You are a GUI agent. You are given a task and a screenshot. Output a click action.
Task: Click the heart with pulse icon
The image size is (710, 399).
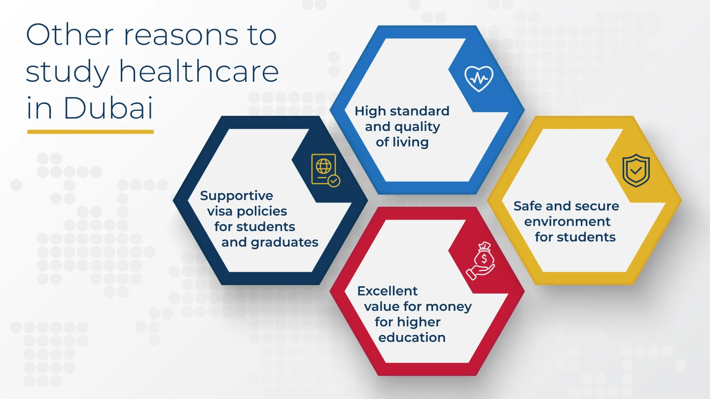[479, 78]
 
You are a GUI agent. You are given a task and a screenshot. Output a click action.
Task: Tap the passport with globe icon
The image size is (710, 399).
[325, 170]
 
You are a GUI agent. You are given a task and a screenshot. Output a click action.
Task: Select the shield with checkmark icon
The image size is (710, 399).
[636, 170]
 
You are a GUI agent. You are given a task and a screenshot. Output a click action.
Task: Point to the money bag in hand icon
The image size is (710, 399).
[481, 261]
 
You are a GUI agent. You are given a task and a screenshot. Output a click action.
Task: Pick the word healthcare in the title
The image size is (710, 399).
[199, 71]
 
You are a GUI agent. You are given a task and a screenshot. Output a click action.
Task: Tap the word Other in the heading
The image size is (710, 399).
[70, 34]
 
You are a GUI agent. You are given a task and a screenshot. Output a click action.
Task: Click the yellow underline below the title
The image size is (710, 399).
[90, 132]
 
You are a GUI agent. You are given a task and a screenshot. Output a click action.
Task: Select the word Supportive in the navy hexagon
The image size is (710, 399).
[237, 196]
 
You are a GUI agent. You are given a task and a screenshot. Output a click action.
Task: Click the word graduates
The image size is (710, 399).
[284, 242]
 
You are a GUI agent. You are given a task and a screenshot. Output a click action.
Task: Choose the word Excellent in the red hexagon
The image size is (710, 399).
[388, 291]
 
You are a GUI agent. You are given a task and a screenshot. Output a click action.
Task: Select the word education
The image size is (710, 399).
[412, 337]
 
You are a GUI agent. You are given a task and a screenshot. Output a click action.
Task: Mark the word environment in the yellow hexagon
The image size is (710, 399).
[567, 221]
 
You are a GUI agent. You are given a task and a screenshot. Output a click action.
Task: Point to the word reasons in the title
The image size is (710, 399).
[180, 35]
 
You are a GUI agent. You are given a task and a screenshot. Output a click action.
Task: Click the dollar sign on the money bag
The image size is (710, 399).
[484, 259]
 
